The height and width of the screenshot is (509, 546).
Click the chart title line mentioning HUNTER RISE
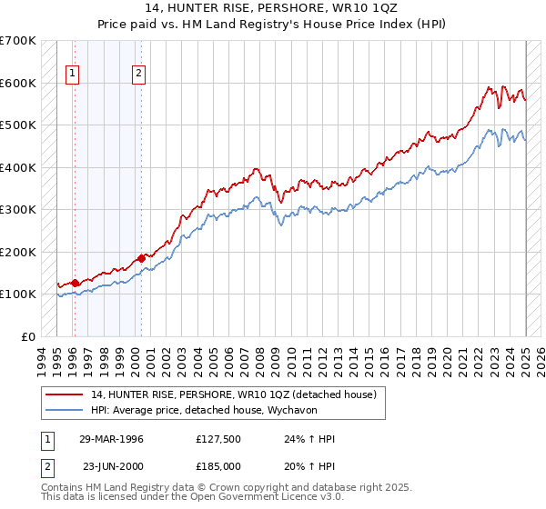272,8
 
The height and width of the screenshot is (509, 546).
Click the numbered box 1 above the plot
72,75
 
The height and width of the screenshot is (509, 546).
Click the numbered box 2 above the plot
138,75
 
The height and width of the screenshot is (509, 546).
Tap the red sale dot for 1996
75,283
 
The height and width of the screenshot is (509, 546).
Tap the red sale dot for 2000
141,258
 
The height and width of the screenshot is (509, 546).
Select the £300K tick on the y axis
17,210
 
